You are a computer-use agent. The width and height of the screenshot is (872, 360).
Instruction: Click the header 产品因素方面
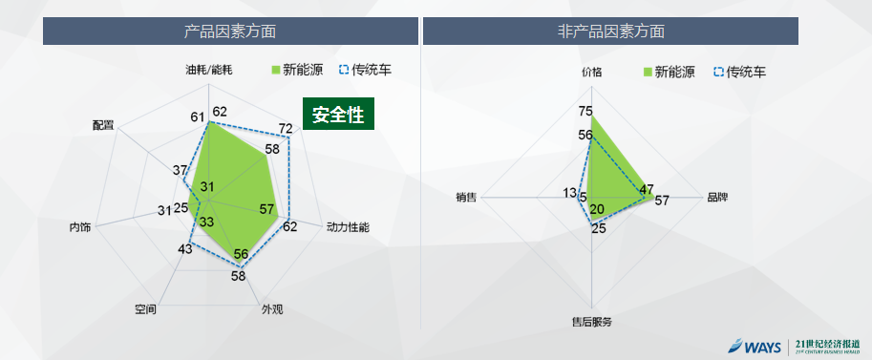[x=230, y=31]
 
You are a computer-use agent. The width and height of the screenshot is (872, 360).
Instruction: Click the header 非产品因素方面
[x=610, y=31]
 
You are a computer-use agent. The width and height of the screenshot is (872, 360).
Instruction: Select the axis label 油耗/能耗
[x=209, y=70]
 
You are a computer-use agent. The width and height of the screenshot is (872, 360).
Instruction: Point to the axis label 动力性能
[x=347, y=227]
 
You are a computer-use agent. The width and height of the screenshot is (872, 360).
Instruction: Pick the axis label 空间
[x=145, y=309]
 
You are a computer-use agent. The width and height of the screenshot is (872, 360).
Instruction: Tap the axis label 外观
[x=272, y=309]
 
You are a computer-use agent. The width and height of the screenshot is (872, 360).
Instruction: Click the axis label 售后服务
[x=591, y=322]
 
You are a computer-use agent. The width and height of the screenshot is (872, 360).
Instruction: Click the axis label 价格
[x=592, y=72]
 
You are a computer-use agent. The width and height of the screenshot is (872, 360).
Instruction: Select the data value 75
[x=585, y=111]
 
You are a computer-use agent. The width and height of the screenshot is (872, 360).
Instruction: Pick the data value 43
[x=185, y=249]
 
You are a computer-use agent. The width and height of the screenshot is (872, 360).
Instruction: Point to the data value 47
[x=647, y=188]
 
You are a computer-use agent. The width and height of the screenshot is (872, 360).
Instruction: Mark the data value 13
[x=570, y=193]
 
